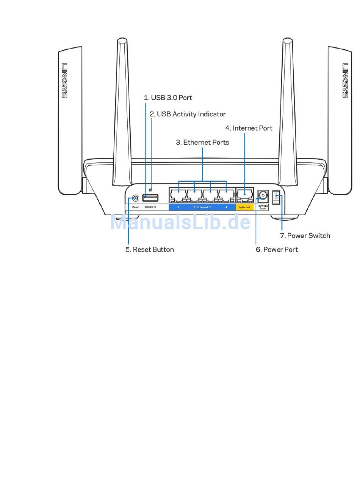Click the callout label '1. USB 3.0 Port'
167,97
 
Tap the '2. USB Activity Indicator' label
188,114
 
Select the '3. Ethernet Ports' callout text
202,142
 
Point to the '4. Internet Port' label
249,128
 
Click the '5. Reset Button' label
150,249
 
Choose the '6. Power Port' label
277,249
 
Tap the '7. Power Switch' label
305,236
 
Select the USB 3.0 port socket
150,197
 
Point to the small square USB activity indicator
151,190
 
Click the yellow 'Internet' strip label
244,207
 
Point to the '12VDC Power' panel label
263,207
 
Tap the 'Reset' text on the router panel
135,207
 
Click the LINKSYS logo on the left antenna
64,80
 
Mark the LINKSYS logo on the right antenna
345,80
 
